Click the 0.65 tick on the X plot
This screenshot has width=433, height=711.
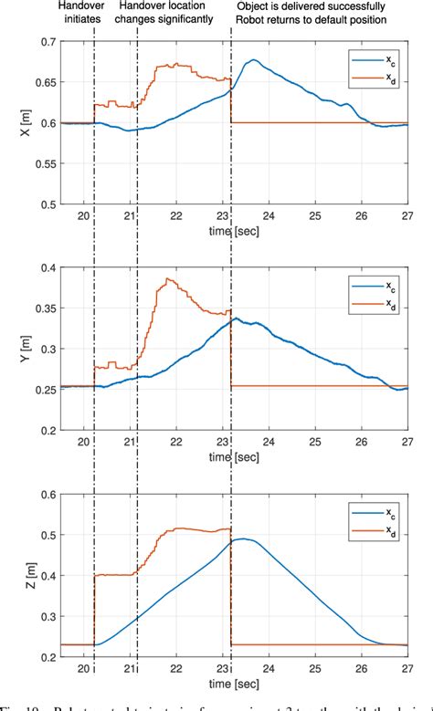[40, 83]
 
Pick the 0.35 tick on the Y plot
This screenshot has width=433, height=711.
[40, 308]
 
